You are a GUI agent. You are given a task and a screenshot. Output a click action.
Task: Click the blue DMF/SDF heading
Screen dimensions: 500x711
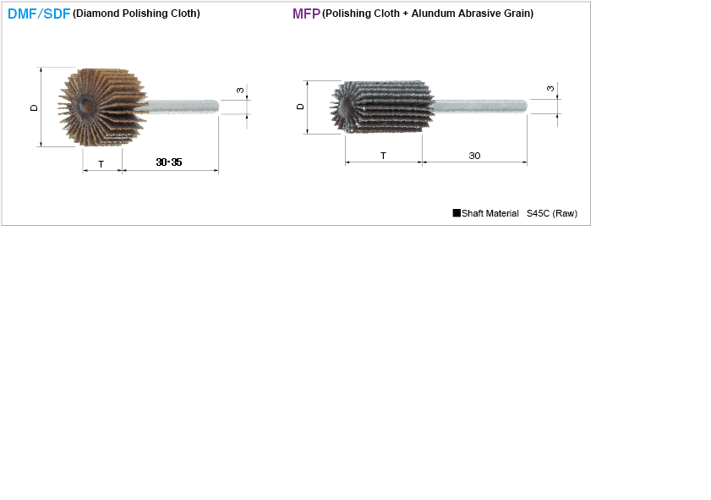[x=39, y=14]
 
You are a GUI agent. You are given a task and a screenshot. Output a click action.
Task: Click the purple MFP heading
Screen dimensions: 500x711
[x=306, y=14]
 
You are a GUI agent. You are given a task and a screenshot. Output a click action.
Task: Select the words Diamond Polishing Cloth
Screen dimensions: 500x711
[x=136, y=14]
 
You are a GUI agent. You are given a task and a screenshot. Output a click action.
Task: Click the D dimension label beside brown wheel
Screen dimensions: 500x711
[x=35, y=107]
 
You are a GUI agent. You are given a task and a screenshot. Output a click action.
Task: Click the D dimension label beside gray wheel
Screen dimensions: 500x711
[x=300, y=107]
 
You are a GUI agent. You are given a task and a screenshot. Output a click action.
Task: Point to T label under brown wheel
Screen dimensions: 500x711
[x=101, y=164]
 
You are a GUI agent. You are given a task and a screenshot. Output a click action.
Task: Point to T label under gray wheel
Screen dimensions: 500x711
[x=383, y=156]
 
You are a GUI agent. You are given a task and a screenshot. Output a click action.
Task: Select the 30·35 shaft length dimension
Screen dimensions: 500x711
[x=169, y=162]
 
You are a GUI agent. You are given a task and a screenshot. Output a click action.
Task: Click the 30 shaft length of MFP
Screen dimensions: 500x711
[x=474, y=156]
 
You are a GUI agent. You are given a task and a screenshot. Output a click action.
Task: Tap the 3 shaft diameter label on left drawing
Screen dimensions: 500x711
[x=240, y=90]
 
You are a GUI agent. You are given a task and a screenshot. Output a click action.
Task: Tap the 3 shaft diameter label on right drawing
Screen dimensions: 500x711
[x=550, y=89]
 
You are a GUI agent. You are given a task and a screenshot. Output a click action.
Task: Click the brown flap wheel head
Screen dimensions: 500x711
[x=101, y=107]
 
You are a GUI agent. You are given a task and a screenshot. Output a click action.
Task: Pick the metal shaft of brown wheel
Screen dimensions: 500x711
[x=182, y=106]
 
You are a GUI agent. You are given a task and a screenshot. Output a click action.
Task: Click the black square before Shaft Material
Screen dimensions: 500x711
[x=457, y=213]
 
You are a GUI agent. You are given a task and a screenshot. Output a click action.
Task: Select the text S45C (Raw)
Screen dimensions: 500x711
[x=551, y=214]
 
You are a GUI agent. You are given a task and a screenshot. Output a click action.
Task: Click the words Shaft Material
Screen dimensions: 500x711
[x=490, y=214]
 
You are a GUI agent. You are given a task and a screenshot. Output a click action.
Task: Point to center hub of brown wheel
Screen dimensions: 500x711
[x=85, y=106]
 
